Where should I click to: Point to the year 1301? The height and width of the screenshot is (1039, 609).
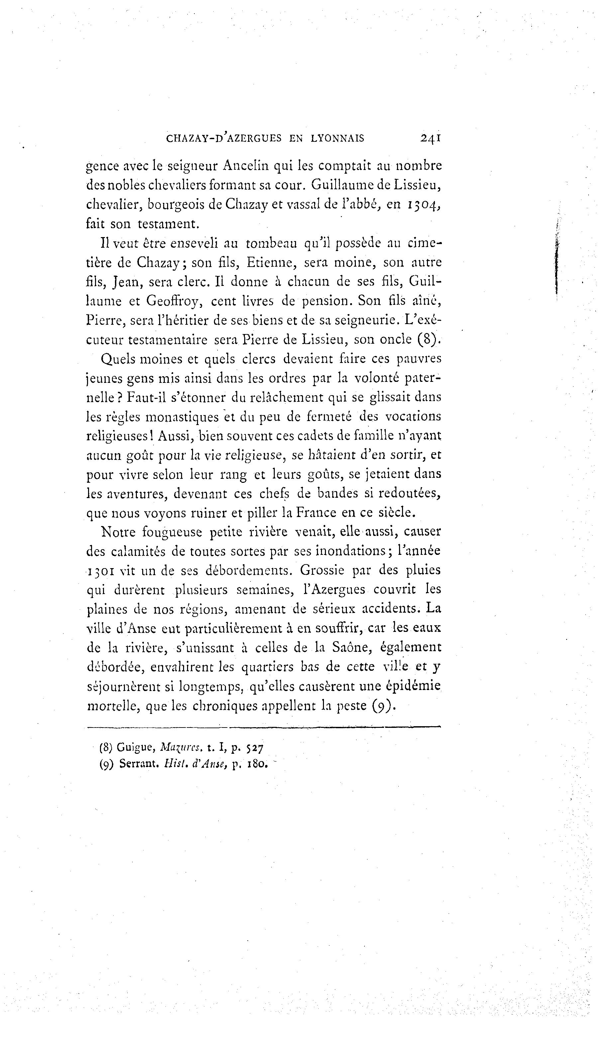coord(101,571)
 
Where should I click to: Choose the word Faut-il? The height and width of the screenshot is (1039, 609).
coord(145,397)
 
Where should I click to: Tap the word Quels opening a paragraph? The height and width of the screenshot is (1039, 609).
coord(118,359)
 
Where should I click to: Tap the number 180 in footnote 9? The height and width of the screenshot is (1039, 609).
coord(258,764)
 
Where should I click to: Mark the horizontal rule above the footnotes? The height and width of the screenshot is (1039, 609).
coord(264,727)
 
